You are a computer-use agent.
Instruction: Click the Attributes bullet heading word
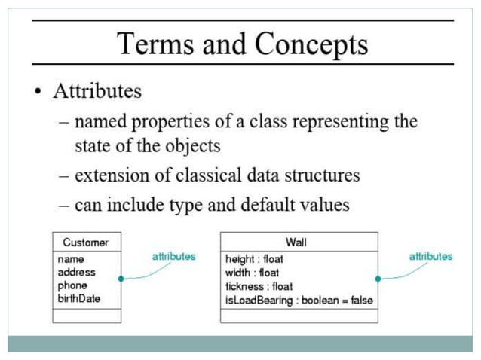coord(97,92)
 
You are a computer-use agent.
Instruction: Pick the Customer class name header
coord(86,243)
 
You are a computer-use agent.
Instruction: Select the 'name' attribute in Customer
coord(70,259)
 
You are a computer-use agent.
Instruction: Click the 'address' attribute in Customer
coord(76,272)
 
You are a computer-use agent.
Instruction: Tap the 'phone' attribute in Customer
coord(72,285)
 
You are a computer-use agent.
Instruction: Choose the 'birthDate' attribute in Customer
coord(78,299)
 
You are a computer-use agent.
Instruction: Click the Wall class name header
coord(296,243)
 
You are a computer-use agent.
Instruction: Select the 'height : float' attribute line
coord(254,259)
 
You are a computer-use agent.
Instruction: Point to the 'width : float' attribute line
coord(252,273)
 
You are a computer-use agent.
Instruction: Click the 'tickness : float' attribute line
coord(259,286)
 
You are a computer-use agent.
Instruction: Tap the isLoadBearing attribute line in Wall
coord(299,300)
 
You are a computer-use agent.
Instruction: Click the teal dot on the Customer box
coord(121,279)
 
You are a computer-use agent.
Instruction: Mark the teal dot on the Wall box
coord(378,279)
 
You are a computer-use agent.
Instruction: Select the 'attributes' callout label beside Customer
coord(173,256)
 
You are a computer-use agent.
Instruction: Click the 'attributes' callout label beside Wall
coord(430,256)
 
